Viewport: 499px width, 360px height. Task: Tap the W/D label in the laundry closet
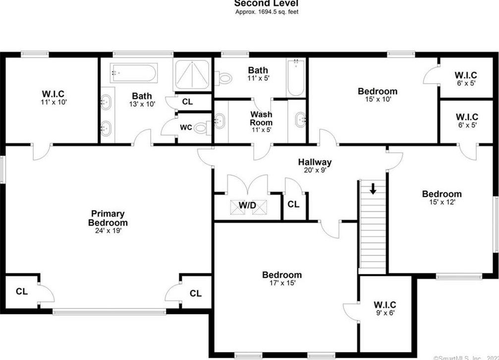(247, 204)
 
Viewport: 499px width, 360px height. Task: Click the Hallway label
(315, 162)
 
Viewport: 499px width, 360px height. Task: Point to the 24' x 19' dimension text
(109, 231)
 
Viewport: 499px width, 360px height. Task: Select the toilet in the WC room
(201, 128)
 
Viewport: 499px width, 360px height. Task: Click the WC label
(186, 127)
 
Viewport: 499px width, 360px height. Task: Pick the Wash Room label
(261, 118)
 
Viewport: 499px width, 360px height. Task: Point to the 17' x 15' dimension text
(282, 283)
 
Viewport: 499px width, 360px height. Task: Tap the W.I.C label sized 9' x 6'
(385, 305)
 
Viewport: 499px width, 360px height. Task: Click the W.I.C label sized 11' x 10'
(53, 94)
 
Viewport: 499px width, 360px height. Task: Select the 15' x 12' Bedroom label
(442, 194)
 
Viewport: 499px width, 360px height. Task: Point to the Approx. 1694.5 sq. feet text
(267, 11)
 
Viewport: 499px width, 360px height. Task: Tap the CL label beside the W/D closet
(293, 204)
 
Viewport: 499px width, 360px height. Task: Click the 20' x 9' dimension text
(315, 170)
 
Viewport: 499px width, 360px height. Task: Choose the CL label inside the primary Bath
(187, 102)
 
